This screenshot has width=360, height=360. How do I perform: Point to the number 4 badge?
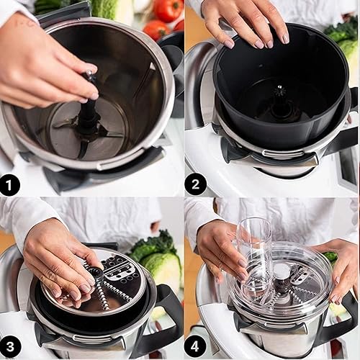point(195,347)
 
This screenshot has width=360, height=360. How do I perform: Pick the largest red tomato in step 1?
point(168,9)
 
